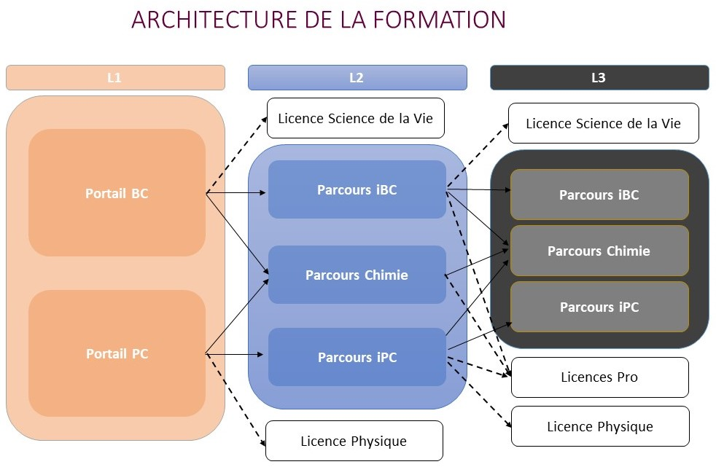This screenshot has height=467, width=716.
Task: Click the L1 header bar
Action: coord(115,77)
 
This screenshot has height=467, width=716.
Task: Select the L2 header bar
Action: coord(357,77)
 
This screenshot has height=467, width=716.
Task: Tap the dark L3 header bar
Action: coord(599,77)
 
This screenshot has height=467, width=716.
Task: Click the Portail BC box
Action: coord(117,193)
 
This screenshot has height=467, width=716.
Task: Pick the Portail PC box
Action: coord(117,353)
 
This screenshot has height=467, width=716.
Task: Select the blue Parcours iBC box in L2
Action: coord(357,189)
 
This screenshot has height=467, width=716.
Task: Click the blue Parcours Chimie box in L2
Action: coord(357,275)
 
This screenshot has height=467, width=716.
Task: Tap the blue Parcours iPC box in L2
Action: coord(357,357)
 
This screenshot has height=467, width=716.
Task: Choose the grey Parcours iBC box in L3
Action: coord(599,195)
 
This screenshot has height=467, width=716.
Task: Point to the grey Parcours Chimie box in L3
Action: coord(599,251)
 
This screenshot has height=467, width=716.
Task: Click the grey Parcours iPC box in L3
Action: coord(599,307)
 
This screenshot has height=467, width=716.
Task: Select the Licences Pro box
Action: coord(599,377)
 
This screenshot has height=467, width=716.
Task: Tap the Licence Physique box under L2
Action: coord(354,441)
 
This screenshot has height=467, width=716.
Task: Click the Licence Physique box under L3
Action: coord(599,426)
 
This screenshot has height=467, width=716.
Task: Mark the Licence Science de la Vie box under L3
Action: coord(603,123)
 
